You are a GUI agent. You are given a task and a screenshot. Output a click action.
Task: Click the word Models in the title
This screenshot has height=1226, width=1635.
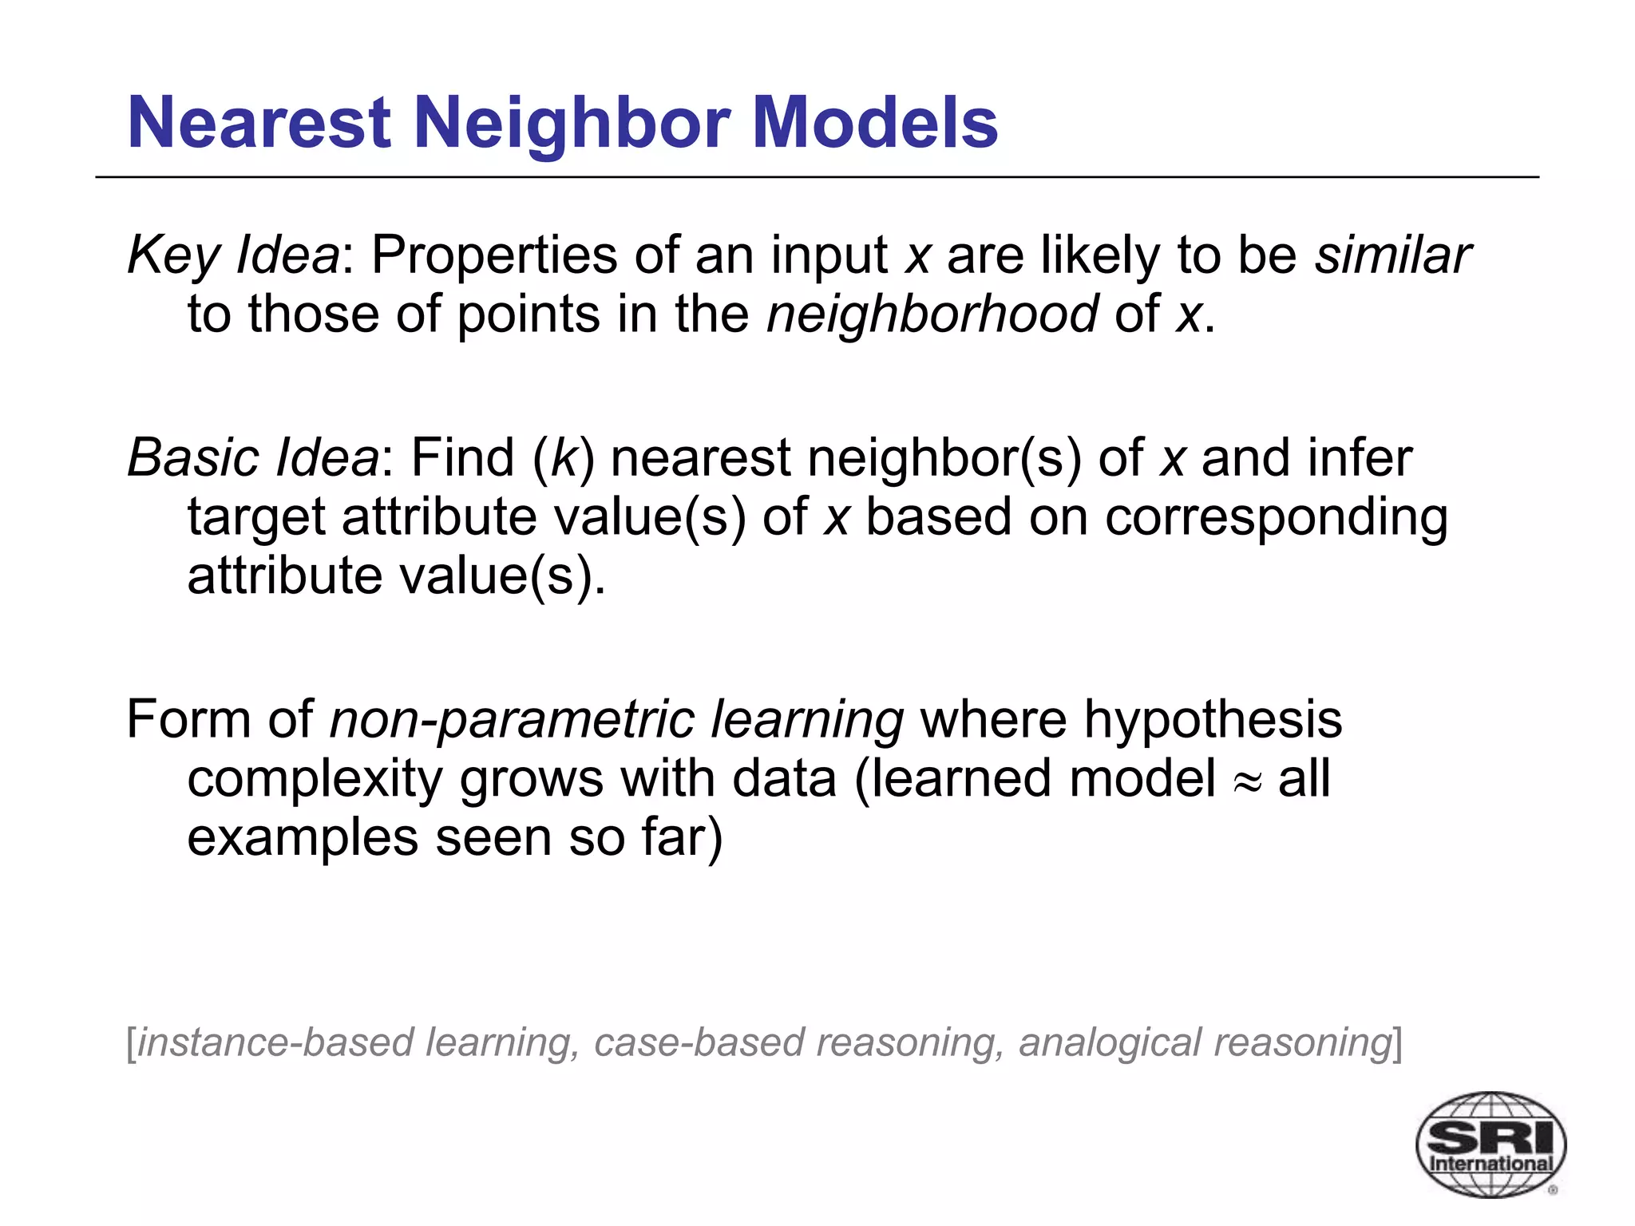coord(875,123)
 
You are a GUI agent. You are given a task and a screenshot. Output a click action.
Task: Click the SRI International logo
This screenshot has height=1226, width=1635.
coord(1490,1144)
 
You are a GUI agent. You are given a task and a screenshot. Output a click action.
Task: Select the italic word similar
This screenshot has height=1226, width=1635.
coord(1392,255)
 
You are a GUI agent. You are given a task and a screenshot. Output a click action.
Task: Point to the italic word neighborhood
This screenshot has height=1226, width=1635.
coord(932,314)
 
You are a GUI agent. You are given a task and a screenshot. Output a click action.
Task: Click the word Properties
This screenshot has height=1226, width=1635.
coord(494,257)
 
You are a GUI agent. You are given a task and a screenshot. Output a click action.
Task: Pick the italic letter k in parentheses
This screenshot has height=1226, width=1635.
coord(564,458)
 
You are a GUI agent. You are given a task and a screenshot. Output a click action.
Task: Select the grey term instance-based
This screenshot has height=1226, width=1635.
coord(275,1042)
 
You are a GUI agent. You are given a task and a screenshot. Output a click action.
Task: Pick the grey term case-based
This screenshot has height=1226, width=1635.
coord(697,1042)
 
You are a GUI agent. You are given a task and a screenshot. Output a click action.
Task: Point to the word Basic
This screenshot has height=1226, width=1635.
coord(192,458)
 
